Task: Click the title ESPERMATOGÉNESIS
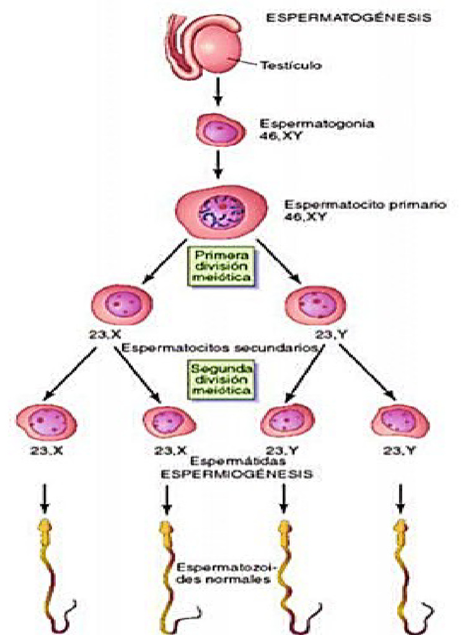(348, 18)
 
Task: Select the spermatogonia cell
(218, 130)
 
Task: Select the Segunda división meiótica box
(221, 380)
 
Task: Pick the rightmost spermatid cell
(400, 422)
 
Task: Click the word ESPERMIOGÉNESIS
(237, 474)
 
